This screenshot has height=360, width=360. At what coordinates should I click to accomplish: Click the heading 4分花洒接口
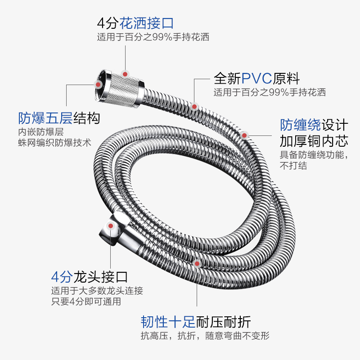[x=135, y=22]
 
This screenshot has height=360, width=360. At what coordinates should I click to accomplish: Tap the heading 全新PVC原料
[x=256, y=79]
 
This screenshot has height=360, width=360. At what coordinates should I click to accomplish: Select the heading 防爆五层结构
[x=59, y=118]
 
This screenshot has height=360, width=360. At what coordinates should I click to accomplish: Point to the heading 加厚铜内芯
[x=314, y=141]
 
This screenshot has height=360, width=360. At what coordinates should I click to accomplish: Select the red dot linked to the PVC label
[x=194, y=106]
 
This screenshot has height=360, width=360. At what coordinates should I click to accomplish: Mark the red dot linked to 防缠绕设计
[x=244, y=135]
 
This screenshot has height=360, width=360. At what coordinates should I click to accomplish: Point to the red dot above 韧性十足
[x=196, y=263]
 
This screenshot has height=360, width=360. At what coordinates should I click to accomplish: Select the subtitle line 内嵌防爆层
[x=40, y=132]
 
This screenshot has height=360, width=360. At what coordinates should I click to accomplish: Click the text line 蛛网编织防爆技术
[x=54, y=143]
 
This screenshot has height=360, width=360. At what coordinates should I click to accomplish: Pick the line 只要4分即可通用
[x=86, y=301]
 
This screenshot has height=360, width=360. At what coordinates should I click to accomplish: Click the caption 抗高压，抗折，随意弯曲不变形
[x=205, y=336]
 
